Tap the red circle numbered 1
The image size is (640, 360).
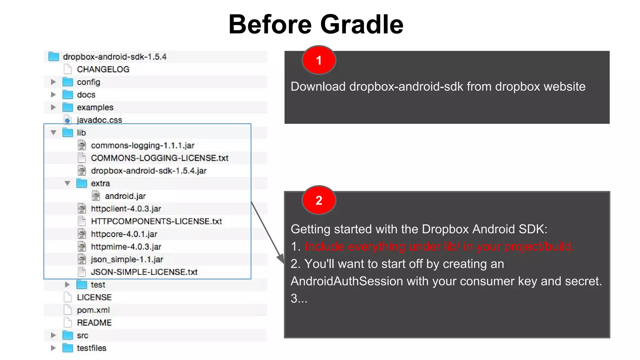[x=318, y=60]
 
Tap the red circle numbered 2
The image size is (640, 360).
[x=318, y=200]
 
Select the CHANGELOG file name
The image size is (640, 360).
[x=103, y=69]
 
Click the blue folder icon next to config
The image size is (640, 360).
[x=68, y=82]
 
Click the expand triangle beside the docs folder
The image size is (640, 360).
[x=53, y=95]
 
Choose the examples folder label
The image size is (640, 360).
[x=95, y=107]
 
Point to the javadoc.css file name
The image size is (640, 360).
[x=99, y=120]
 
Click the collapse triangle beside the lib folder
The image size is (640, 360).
[x=53, y=132]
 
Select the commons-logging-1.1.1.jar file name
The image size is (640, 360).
[x=142, y=145]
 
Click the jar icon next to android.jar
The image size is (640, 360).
[x=96, y=196]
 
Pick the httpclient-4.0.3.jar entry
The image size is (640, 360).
[x=126, y=209]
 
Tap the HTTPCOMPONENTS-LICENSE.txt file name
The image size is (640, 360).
[x=156, y=221]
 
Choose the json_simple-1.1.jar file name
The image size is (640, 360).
[x=127, y=259]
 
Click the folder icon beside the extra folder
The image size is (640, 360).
[x=82, y=183]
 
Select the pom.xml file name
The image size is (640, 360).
[x=93, y=310]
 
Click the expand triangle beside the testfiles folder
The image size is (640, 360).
[x=53, y=348]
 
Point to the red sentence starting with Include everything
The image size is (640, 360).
[x=439, y=247]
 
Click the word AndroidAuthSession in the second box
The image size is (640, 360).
[x=347, y=281]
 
